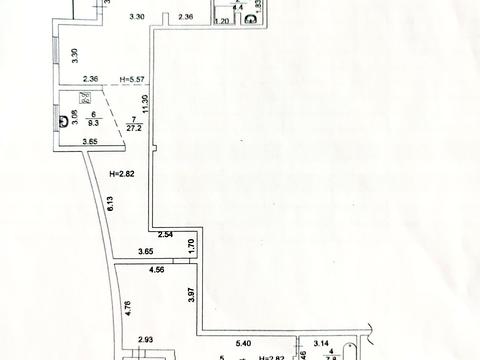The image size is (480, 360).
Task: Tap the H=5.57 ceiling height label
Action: pos(133,79)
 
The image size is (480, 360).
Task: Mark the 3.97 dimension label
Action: pos(190,296)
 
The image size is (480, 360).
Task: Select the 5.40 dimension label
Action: pos(244,344)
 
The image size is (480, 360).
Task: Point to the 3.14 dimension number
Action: pos(322,344)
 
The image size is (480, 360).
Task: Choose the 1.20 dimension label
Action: pos(223,20)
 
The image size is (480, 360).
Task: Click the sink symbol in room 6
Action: pos(85,99)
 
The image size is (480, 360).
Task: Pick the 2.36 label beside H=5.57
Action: pos(91,79)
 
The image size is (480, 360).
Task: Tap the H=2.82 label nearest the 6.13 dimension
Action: pos(121,174)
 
